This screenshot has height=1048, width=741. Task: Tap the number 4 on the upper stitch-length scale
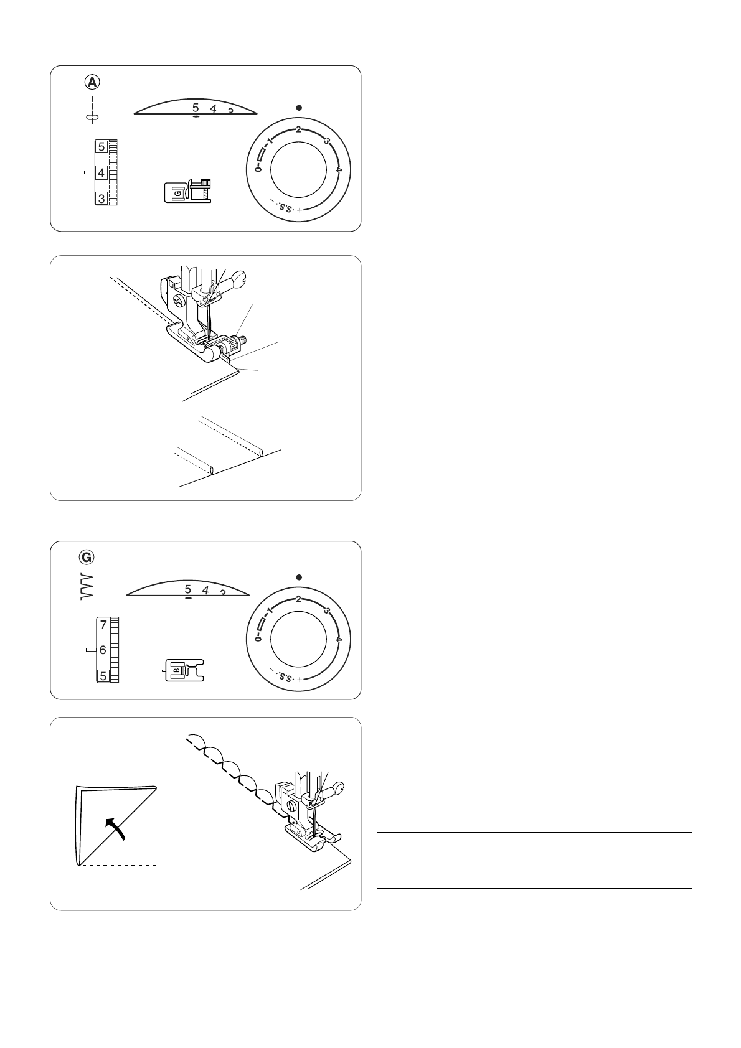101,172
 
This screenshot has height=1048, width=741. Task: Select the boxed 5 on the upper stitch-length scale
101,147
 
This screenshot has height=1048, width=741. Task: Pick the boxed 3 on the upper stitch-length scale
101,198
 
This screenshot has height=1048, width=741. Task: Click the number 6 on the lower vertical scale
103,650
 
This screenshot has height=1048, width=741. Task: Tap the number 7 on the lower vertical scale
103,624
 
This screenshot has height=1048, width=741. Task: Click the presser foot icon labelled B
184,670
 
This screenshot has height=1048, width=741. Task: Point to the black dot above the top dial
299,108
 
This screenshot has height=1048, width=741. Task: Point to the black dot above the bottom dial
299,577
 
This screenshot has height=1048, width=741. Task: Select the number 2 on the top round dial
298,129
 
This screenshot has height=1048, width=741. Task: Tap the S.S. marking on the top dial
285,206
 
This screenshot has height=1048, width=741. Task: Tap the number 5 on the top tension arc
196,107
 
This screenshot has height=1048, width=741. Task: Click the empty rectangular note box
534,860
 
